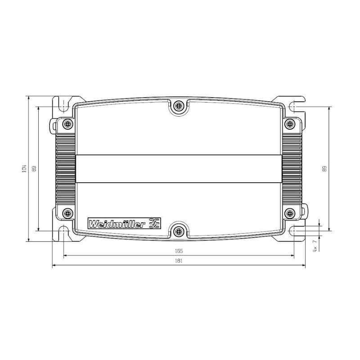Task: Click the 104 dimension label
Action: coord(25,169)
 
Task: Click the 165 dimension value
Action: coord(179,251)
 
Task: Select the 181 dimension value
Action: coord(179,261)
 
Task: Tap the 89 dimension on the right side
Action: coord(324,169)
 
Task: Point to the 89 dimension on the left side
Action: coord(34,169)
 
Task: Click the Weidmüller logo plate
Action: coord(124,223)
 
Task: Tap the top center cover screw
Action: coord(179,106)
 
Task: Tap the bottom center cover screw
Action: coord(179,231)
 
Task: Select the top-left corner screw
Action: coord(68,124)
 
